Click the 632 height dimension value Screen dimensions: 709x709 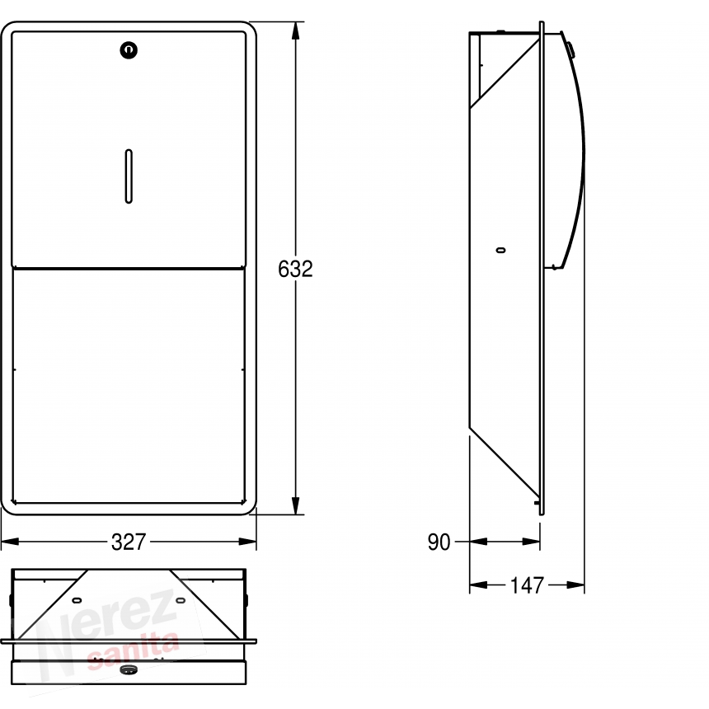(x=295, y=269)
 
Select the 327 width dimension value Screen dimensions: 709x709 (x=129, y=542)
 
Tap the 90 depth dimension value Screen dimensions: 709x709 (x=439, y=542)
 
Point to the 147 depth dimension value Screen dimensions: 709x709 (x=527, y=585)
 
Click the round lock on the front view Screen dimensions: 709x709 (x=129, y=50)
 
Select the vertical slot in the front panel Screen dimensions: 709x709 (x=129, y=176)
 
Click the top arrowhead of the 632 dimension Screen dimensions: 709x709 (x=295, y=31)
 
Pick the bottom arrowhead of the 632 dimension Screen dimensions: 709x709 (x=295, y=505)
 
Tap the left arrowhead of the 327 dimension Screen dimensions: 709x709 (x=10, y=542)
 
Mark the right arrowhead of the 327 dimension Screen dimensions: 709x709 (x=247, y=542)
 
